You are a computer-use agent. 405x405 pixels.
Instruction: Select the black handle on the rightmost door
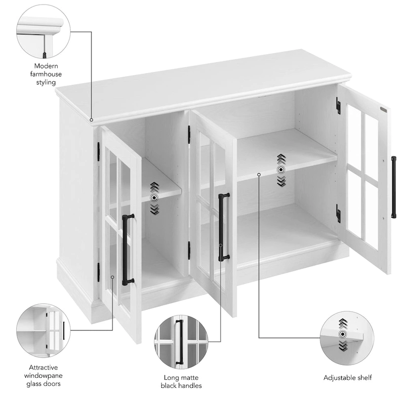tap(393, 187)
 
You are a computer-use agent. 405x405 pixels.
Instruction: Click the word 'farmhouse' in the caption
tap(46, 74)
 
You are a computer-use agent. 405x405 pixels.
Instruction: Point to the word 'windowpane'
tap(44, 375)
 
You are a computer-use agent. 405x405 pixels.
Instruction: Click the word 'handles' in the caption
tap(191, 386)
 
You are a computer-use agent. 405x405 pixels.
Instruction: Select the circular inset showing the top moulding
tap(44, 32)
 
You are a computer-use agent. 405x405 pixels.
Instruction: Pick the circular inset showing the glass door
tap(43, 331)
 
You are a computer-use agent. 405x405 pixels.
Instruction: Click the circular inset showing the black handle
tap(181, 342)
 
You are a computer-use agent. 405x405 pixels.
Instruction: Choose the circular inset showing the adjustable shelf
tap(347, 338)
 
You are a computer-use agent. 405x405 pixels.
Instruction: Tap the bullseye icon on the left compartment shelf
tap(154, 198)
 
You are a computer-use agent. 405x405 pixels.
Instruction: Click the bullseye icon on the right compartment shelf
tap(281, 170)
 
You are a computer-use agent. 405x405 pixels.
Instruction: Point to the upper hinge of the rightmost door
tap(338, 106)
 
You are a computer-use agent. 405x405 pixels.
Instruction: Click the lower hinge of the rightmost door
tap(338, 213)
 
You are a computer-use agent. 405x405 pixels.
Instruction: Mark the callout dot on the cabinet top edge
tap(92, 120)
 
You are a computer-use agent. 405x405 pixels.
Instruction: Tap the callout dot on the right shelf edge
tap(259, 175)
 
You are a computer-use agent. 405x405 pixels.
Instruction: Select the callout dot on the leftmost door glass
tap(112, 277)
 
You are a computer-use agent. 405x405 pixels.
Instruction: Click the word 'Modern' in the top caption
tap(46, 66)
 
